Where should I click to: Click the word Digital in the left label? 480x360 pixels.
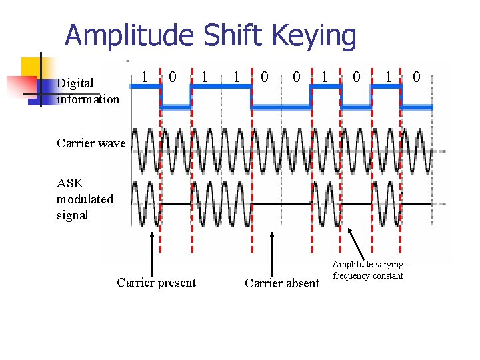(x=75, y=84)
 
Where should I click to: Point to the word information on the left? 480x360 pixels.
(x=88, y=99)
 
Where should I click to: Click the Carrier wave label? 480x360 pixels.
(x=91, y=143)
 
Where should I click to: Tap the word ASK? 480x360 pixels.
(x=70, y=183)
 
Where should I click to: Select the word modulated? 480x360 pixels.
(x=85, y=199)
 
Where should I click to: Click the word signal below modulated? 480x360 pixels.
(x=72, y=215)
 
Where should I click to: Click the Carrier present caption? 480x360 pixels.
(x=156, y=283)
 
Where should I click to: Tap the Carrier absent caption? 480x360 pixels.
(x=281, y=283)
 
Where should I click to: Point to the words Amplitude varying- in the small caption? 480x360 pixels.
(x=369, y=265)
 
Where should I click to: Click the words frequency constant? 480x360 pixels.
(x=368, y=275)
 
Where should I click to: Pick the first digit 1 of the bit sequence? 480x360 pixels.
(x=145, y=77)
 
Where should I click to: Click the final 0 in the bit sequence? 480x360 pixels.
(x=416, y=78)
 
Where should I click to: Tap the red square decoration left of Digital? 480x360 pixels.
(x=20, y=87)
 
